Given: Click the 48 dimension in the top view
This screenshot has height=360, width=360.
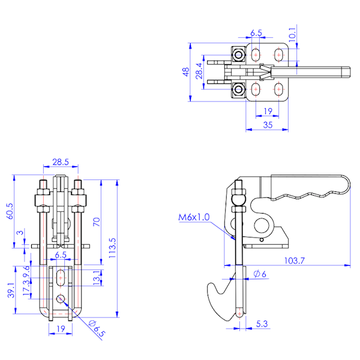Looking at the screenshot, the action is click(x=186, y=72).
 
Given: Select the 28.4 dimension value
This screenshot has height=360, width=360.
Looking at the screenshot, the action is click(x=199, y=71).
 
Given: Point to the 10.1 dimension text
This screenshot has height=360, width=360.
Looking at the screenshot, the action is click(x=292, y=34).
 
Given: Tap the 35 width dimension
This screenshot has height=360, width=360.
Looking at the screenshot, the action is click(x=268, y=125).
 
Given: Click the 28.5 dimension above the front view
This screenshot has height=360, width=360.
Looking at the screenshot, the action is click(x=61, y=162).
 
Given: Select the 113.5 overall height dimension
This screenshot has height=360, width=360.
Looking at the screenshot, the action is click(x=112, y=248).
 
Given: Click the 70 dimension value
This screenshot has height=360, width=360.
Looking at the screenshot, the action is click(x=97, y=222).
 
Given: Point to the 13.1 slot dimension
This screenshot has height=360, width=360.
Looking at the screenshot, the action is click(x=97, y=277).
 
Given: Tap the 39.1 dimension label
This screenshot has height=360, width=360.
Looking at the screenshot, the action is click(x=11, y=290).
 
